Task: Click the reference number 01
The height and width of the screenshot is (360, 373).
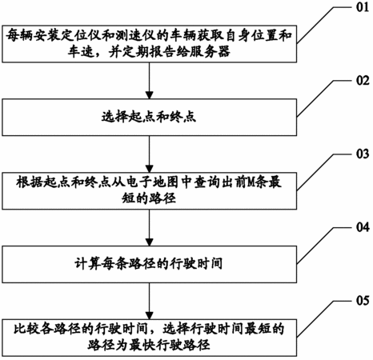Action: coord(363,7)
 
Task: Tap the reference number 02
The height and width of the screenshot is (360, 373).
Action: coord(363,81)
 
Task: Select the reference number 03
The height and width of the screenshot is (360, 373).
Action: coord(363,154)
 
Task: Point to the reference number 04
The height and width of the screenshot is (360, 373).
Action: coord(363,227)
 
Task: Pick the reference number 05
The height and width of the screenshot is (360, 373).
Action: coord(363,301)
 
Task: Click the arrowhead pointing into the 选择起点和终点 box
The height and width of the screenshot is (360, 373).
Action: coord(150,95)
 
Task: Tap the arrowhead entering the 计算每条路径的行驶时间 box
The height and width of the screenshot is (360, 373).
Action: coord(150,242)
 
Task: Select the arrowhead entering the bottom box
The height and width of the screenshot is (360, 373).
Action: coord(150,315)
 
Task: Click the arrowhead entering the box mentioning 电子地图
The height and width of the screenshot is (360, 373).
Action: coord(150,169)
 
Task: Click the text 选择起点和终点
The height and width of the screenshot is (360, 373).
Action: coord(149,117)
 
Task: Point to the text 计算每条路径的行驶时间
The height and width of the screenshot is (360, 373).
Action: coord(149,264)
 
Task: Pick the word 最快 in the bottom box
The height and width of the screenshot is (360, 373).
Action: coord(142,345)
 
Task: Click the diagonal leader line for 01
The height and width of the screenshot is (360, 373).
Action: coord(315,25)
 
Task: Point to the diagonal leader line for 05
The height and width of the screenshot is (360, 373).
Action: coord(315,318)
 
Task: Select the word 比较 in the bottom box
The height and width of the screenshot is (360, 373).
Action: coord(27,330)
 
